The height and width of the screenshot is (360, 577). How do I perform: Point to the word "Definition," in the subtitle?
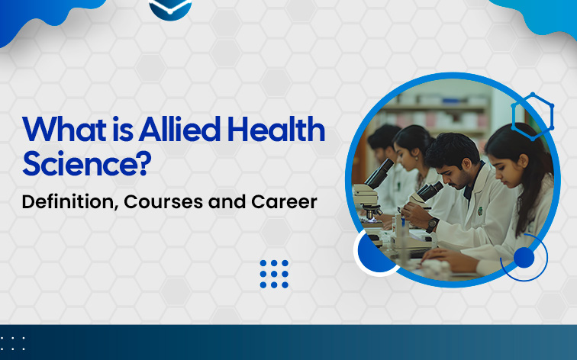[67, 203]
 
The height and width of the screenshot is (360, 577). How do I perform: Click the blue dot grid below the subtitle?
[274, 274]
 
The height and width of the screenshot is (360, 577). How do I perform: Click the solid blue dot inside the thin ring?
[524, 258]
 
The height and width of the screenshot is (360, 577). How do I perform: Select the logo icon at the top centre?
[170, 8]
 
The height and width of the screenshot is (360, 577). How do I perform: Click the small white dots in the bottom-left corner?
[13, 343]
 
